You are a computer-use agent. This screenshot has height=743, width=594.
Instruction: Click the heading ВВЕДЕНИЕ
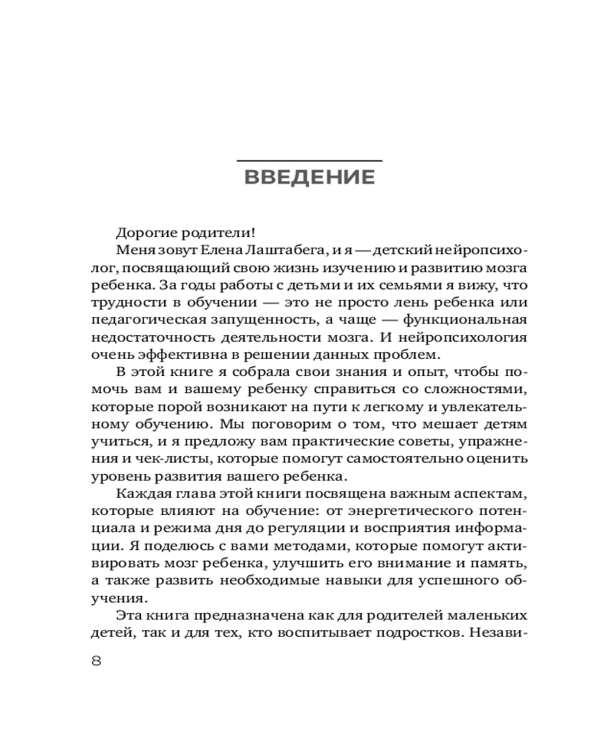click(309, 178)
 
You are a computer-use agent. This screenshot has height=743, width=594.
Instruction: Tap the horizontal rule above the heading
click(309, 160)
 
